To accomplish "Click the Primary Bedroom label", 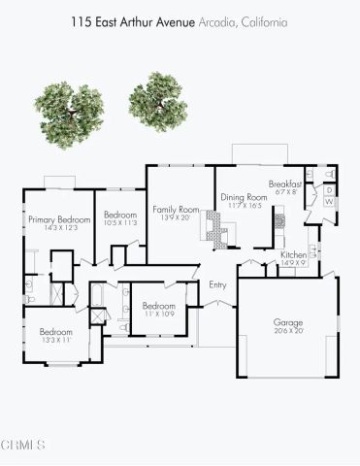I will tap(59, 220).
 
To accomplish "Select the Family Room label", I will tap(176, 210).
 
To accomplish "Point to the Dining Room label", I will tap(241, 196).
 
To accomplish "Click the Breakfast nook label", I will tap(285, 183).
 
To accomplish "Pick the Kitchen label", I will tap(294, 254).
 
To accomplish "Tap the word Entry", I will tap(217, 284).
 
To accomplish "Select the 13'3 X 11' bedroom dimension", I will tap(56, 341).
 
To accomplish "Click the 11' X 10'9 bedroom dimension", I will tap(158, 315).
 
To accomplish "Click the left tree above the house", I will tap(69, 115).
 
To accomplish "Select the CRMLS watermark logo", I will tap(24, 446).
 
